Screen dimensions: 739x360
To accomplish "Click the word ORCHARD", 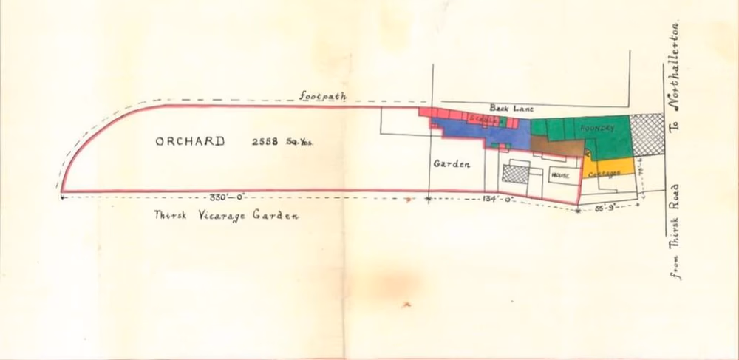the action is point(190,141).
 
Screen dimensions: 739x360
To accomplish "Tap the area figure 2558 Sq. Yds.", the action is point(278,141).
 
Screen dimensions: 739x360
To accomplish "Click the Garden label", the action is point(452,165).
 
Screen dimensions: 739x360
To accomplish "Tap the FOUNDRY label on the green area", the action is point(597,128).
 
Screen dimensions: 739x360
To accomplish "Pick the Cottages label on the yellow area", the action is point(605,172).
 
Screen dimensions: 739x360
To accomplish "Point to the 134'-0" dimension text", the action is point(500,198).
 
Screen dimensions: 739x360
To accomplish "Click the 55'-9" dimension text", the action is point(607,209).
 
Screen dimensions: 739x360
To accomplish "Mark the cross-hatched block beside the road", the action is point(645,135).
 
